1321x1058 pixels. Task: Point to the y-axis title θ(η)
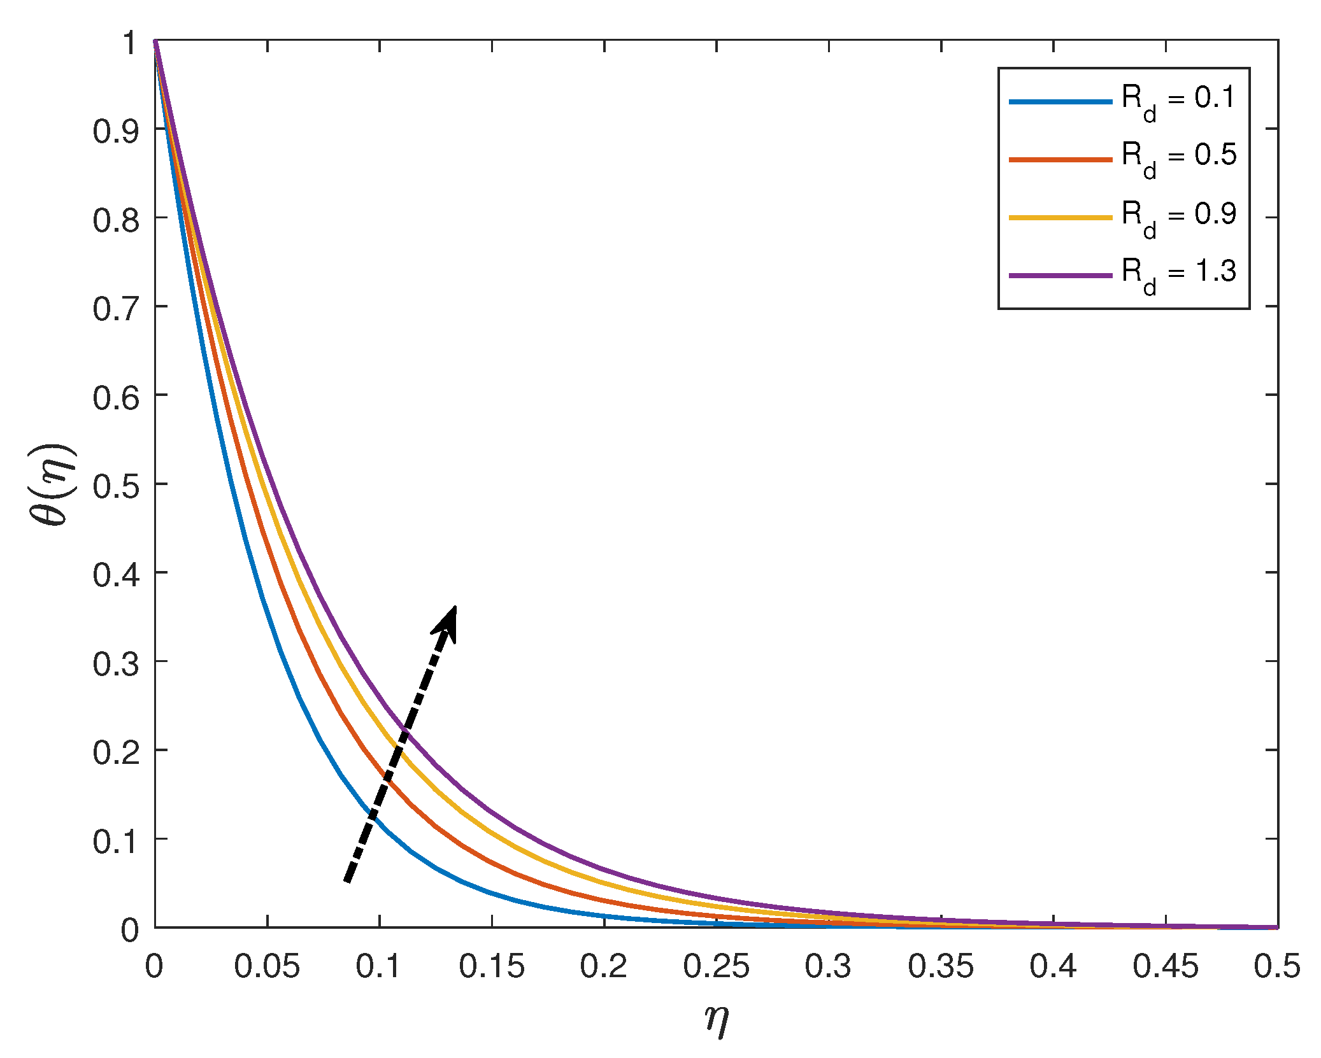(52, 484)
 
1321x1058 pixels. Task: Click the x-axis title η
(717, 1019)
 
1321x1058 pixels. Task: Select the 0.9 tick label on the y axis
(116, 132)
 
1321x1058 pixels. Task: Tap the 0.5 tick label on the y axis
(116, 487)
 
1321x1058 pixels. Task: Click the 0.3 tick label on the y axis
(116, 665)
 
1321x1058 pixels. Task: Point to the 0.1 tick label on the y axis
(116, 842)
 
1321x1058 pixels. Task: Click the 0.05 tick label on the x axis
(267, 966)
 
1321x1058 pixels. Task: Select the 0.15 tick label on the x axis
(492, 966)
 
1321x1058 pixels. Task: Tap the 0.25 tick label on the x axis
(717, 966)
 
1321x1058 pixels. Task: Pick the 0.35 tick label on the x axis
(941, 966)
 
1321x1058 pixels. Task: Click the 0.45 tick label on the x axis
(1166, 966)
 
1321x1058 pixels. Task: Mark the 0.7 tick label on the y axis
(116, 309)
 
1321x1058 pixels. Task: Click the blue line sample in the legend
(1060, 101)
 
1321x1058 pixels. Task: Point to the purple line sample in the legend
(1060, 275)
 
